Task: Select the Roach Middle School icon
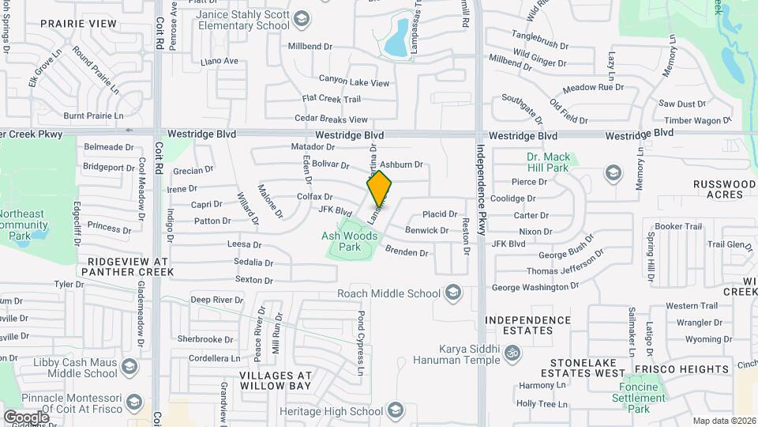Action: pos(453,293)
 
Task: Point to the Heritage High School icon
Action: pos(394,410)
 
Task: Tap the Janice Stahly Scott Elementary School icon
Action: pos(301,18)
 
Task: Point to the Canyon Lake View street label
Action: pos(354,81)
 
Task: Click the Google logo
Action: pos(26,417)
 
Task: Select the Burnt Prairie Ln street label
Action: pos(93,115)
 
